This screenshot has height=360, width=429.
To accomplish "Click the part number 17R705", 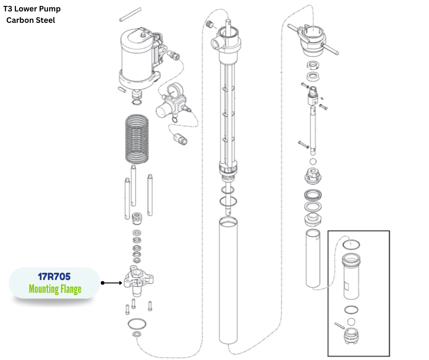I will (x=55, y=277).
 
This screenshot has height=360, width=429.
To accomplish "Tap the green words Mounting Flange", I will (x=55, y=289).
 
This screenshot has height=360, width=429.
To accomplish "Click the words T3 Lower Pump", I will (x=31, y=9).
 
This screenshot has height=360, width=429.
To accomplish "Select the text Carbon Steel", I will (x=31, y=20).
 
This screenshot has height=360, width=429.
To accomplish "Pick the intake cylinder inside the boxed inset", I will (x=351, y=276).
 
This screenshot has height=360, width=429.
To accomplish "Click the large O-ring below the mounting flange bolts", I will (x=136, y=324).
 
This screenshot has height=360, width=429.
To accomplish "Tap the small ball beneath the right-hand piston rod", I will (x=313, y=162).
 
